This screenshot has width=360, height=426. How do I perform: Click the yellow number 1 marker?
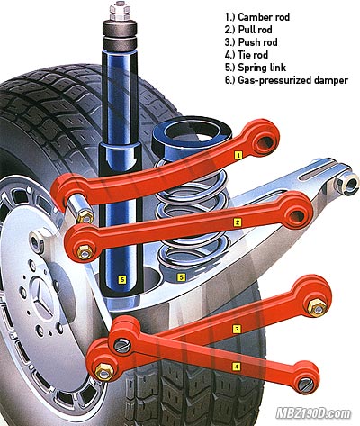238,155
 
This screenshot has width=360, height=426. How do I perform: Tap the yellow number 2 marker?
238,222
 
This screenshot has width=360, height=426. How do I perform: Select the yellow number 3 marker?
237,330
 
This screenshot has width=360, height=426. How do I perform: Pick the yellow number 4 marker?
237,367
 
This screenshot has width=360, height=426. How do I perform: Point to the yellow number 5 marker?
181,277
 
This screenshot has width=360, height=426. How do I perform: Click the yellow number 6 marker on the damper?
121,280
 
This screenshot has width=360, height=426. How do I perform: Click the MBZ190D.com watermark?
313,413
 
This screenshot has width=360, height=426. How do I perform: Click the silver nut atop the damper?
120,12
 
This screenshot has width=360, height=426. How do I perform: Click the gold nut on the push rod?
317,307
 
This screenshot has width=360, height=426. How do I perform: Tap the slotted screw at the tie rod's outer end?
306,384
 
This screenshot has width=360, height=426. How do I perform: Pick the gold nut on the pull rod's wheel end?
85,252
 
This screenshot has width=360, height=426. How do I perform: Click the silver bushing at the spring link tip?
346,184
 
